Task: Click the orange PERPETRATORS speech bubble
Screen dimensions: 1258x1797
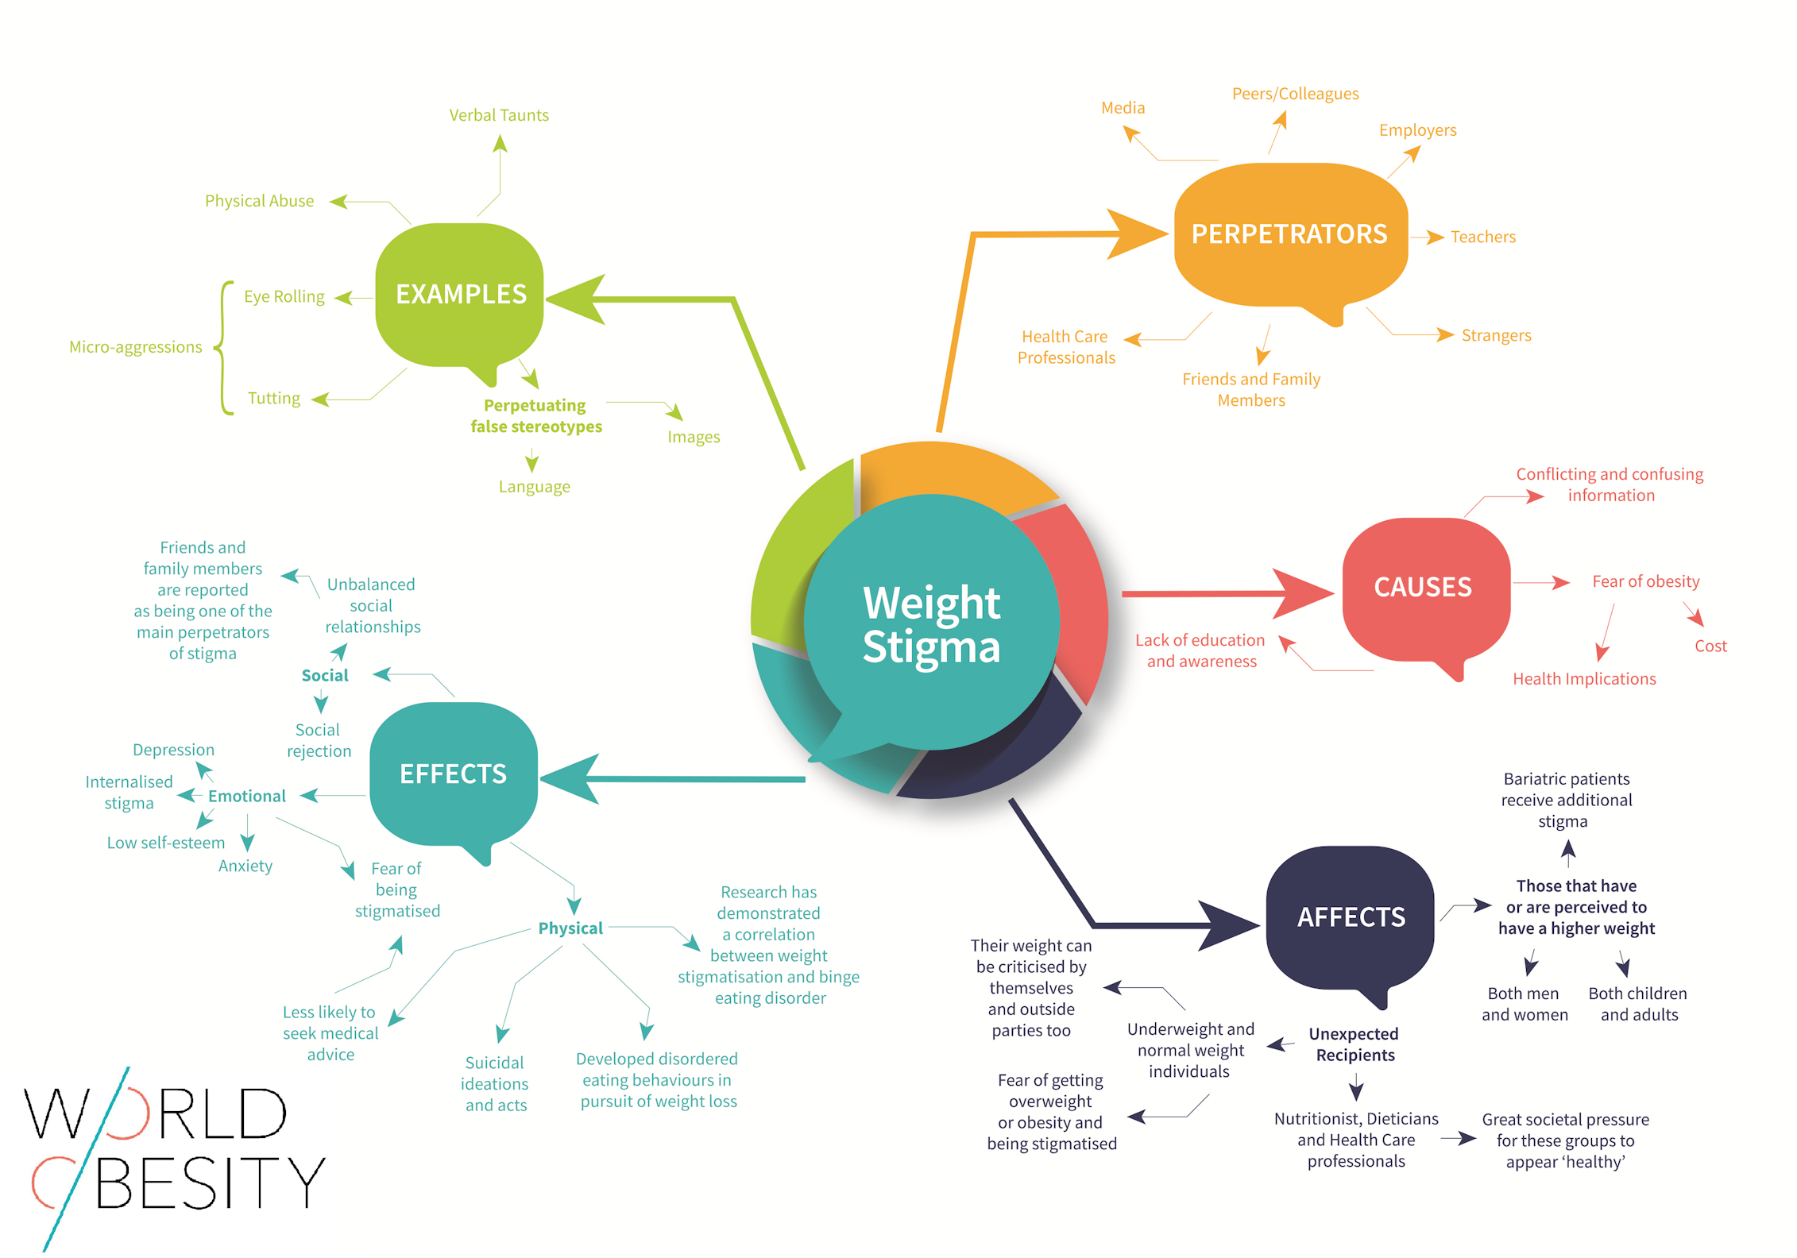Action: tap(1289, 234)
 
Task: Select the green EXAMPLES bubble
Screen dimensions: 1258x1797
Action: tap(461, 294)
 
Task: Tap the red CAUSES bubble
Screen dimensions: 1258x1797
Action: tap(1423, 588)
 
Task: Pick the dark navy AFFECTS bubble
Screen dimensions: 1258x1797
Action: tap(1351, 917)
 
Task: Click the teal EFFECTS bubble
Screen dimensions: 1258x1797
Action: tap(453, 774)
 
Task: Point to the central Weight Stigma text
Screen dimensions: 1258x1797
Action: tap(931, 624)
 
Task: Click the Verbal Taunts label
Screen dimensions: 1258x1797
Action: tap(499, 115)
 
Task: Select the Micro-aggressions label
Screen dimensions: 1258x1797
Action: tap(135, 347)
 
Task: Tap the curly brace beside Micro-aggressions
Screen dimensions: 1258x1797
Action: tap(224, 347)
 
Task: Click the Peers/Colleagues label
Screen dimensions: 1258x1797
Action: tap(1295, 94)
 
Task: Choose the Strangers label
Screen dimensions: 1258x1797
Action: tap(1496, 335)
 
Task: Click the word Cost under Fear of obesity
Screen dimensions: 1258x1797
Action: tap(1710, 646)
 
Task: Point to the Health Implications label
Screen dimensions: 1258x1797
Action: tap(1584, 679)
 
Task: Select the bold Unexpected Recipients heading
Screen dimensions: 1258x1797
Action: tap(1355, 1044)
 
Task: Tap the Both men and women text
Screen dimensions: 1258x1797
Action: tap(1524, 1004)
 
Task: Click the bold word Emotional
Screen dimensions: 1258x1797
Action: tap(246, 796)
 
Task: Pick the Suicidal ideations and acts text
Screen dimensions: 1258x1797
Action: tap(495, 1083)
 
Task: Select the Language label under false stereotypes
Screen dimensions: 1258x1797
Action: tap(534, 487)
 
